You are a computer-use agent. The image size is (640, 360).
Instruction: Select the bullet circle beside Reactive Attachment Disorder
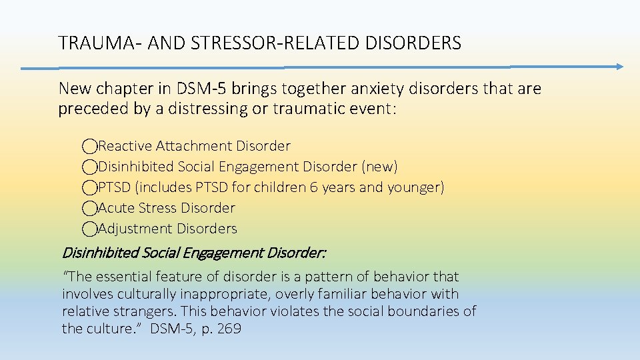[90, 146]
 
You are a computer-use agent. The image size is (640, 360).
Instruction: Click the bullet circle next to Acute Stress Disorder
[90, 208]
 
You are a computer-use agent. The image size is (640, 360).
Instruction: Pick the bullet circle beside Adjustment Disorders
[90, 229]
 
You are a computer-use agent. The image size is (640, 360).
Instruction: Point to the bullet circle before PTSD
[90, 187]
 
